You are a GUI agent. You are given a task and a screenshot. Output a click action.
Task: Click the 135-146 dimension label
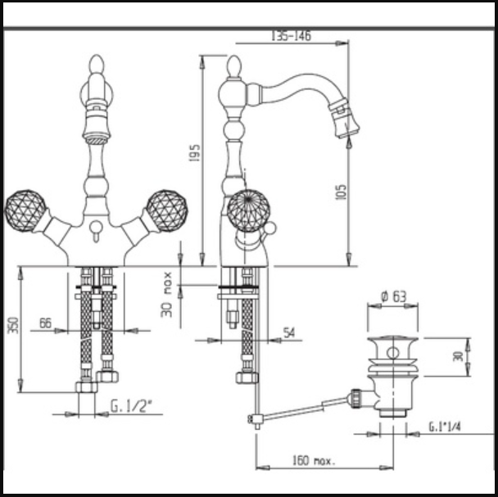point(291,35)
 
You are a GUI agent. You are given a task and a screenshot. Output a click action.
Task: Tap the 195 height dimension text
point(194,153)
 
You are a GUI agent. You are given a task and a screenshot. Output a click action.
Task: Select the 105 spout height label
point(341,192)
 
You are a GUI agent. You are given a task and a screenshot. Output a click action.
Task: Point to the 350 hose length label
point(13,325)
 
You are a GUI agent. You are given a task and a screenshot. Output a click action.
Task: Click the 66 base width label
point(45,323)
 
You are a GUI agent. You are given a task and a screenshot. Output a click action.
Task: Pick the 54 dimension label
point(288,332)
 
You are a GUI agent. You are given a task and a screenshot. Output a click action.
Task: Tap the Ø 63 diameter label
point(393,296)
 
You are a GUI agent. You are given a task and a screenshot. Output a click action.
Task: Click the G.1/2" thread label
point(131,406)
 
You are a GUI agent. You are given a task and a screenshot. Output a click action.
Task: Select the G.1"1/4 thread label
point(445,427)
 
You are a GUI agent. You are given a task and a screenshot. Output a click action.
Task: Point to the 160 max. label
point(314,460)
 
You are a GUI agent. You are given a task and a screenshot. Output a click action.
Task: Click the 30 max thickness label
point(166,294)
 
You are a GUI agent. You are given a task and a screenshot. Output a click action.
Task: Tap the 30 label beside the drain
point(458,356)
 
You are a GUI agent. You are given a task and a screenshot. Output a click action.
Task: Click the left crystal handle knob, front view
point(25,211)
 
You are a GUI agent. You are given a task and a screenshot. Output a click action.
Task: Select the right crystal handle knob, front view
point(167,211)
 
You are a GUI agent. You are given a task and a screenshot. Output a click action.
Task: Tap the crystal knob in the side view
point(249,210)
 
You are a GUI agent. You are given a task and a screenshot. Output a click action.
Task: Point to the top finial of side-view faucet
point(234,66)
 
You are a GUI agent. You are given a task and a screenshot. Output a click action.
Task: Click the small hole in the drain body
point(393,353)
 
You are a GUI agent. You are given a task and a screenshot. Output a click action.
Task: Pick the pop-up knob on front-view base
point(96,227)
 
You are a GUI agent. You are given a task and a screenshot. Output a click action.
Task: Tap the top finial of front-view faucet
point(97,66)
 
